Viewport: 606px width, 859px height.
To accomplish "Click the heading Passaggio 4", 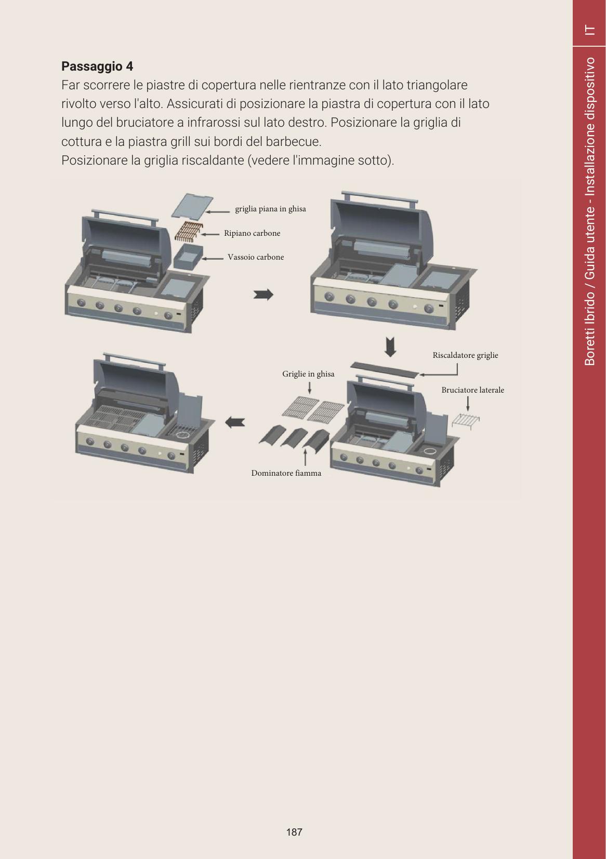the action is pos(97,66).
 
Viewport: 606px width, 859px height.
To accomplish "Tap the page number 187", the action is pos(294,832).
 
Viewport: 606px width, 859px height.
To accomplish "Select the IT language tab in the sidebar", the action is pos(590,30).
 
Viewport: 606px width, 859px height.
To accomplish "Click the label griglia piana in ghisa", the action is pos(270,209).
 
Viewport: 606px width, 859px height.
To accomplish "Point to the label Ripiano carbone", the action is pos(252,233).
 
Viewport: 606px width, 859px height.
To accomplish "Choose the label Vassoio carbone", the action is pos(256,257).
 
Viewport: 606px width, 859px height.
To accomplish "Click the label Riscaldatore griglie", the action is pos(465,355).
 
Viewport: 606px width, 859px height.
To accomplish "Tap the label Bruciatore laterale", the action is pos(472,390).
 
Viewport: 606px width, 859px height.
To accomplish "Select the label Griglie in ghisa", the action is pos(308,374).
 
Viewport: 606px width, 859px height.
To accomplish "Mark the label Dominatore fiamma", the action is pos(286,473).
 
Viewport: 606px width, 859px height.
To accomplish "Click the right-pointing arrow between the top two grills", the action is pos(264,294).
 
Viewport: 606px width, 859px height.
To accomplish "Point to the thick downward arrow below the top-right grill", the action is pos(390,347).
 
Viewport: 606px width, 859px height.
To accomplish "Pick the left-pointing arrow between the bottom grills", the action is pos(235,423).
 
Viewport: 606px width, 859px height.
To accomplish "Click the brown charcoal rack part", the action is pos(189,231).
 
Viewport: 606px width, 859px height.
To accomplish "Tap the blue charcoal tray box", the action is pos(188,257).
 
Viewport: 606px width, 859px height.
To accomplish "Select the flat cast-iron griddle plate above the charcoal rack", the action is pos(192,206).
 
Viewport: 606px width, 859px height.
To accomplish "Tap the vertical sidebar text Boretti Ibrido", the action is pos(590,330).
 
